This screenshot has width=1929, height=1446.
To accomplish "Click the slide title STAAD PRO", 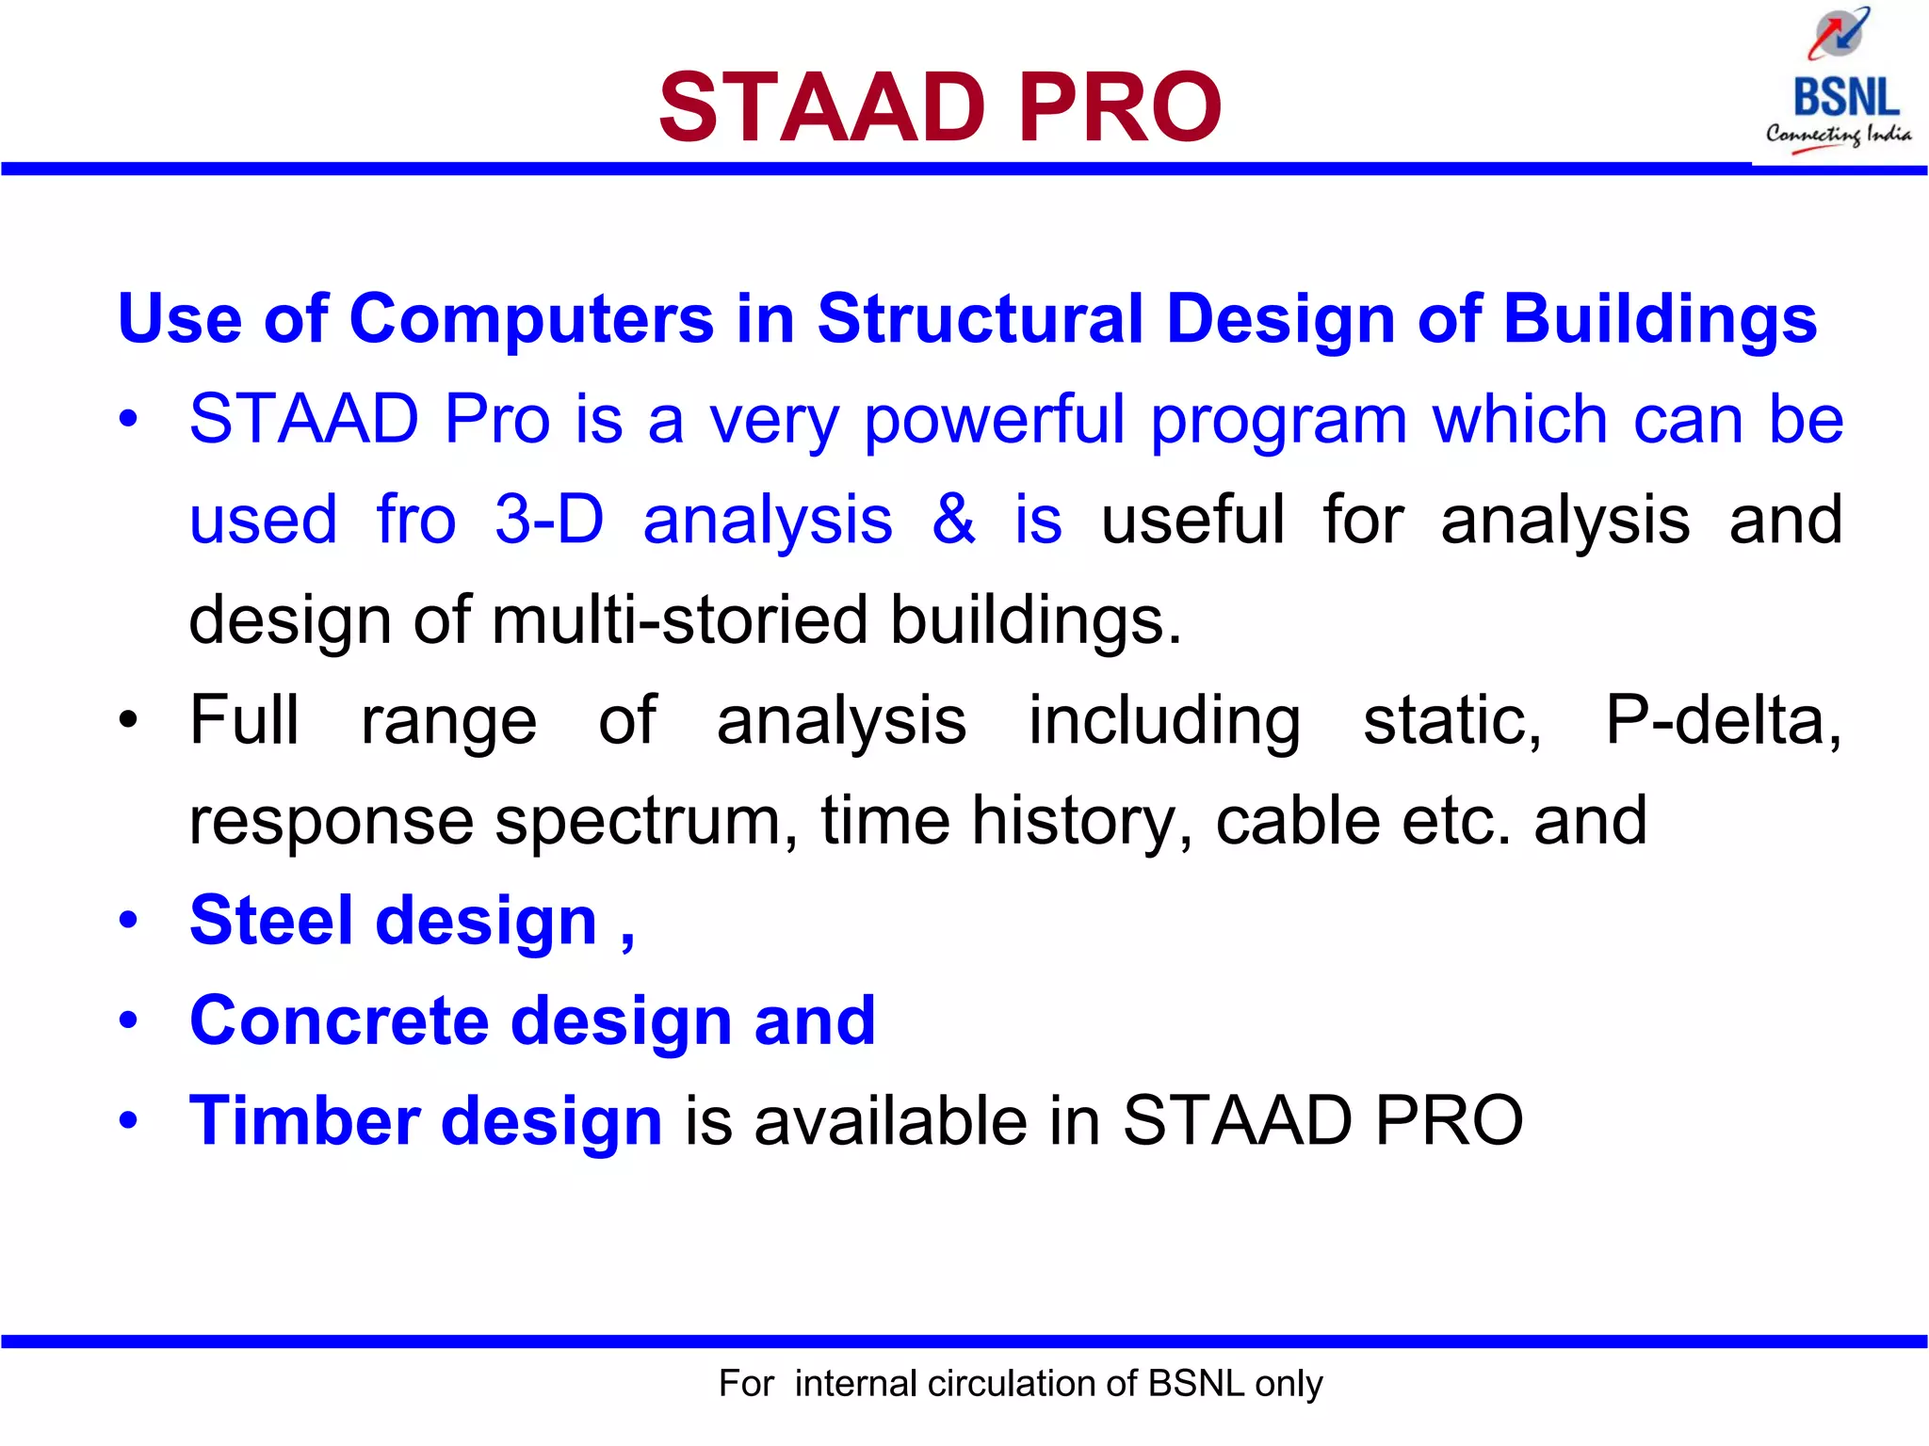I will tap(939, 107).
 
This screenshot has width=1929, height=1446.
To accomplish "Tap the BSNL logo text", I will tap(1845, 98).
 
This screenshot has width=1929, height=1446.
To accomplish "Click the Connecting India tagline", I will tap(1839, 135).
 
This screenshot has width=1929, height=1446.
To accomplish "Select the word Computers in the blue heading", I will tap(531, 318).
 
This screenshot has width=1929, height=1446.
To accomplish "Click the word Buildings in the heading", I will tap(1660, 318).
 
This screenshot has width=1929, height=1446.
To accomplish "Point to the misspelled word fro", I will tap(415, 519).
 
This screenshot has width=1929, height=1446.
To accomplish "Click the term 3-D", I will tap(549, 519).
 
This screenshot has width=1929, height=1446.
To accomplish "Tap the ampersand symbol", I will tap(953, 519).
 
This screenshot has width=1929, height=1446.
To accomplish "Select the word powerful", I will tap(994, 420).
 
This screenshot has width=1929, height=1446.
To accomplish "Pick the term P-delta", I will tap(1723, 720).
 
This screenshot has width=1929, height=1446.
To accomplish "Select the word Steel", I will tap(271, 921).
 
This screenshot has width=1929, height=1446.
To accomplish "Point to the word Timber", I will tap(304, 1120).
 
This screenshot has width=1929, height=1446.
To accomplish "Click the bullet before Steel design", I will tap(129, 921).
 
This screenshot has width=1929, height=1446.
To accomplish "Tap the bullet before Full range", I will tap(129, 721).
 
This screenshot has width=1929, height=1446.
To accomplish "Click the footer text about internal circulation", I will tap(1020, 1383).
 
